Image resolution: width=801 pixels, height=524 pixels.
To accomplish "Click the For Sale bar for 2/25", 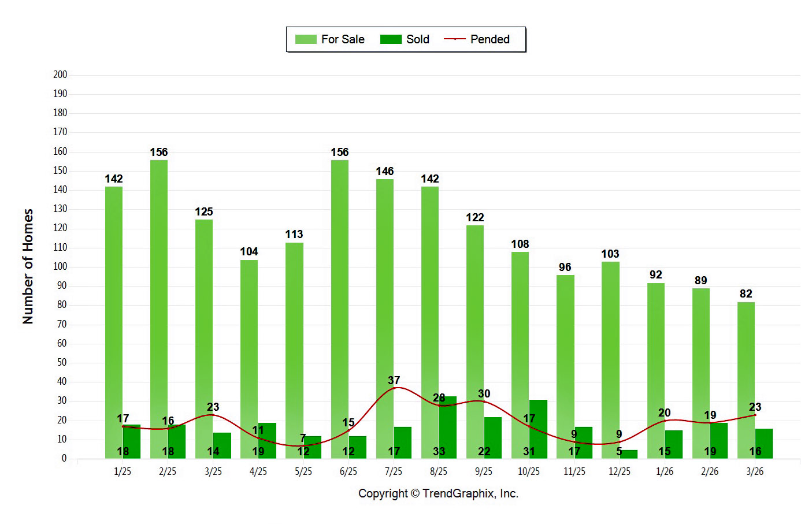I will [159, 309].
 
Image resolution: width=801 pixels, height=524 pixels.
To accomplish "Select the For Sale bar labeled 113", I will [294, 350].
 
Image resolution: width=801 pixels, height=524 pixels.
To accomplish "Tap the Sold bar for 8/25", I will [448, 427].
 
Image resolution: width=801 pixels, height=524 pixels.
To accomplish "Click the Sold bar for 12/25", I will [629, 454].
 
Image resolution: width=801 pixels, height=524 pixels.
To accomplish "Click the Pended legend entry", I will [477, 39].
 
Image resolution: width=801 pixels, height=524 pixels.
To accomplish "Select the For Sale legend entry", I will [330, 39].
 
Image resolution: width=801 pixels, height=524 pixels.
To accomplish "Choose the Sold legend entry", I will [405, 39].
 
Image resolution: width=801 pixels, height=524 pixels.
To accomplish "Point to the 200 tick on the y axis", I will [60, 75].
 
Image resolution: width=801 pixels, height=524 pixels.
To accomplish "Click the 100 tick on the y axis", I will [60, 266].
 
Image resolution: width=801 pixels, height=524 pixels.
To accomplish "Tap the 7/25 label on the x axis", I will [394, 471].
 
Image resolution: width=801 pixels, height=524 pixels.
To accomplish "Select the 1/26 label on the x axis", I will [665, 471].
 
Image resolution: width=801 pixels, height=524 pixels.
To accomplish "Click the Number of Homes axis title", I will [28, 266].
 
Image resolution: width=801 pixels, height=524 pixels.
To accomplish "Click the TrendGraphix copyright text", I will [438, 493].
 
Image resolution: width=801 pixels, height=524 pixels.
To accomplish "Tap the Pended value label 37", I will [394, 380].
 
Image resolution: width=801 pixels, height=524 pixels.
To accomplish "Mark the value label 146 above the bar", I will [384, 171].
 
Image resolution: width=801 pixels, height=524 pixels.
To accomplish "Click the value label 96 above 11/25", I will [565, 267].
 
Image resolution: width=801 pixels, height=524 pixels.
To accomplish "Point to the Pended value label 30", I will [484, 393].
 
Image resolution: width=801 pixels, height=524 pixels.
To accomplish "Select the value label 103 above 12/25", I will [610, 254].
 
